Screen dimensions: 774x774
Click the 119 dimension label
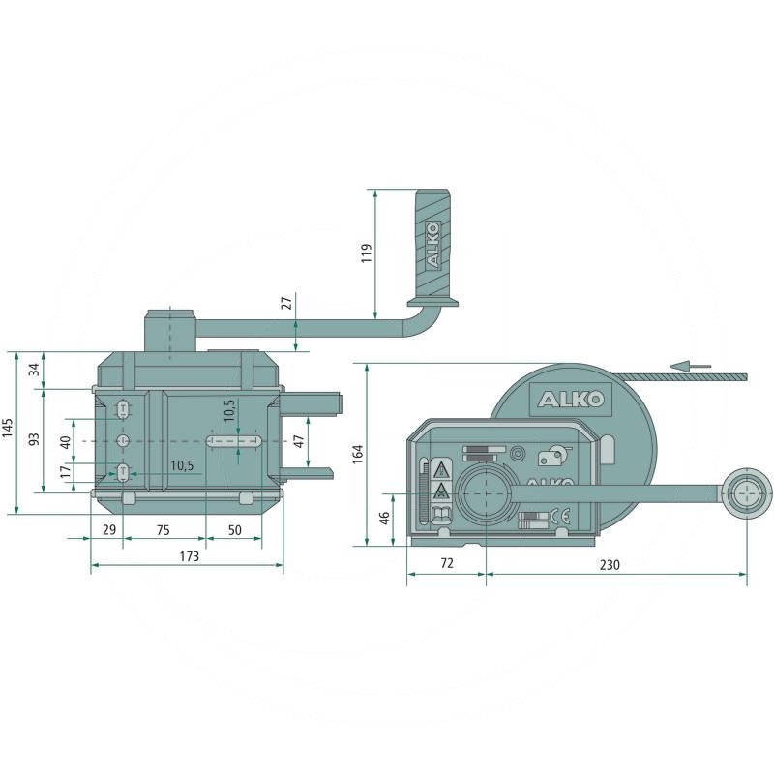click(367, 253)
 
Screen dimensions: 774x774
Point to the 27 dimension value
click(286, 302)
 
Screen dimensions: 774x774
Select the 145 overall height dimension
click(7, 428)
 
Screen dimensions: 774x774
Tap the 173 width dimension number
click(189, 556)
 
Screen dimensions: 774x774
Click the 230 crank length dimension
click(610, 564)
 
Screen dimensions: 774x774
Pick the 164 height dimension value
click(358, 454)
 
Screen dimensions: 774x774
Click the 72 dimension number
click(446, 563)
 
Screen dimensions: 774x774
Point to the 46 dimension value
click(384, 518)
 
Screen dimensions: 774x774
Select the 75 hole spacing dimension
click(163, 530)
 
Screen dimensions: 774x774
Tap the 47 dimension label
click(299, 441)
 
